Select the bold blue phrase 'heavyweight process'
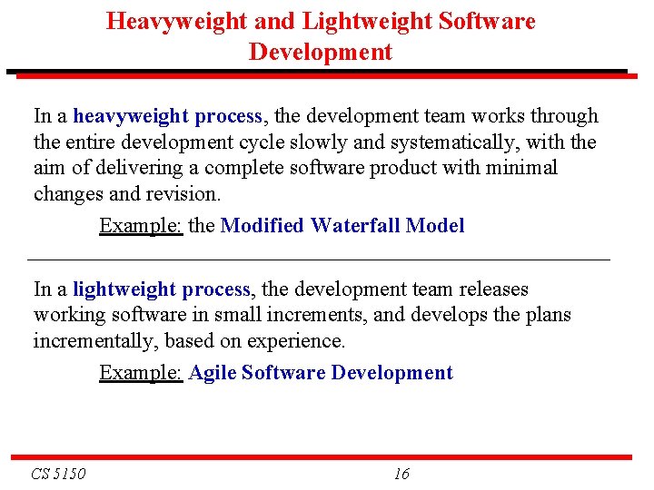tap(168, 116)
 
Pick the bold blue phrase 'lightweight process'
tap(162, 289)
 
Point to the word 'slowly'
tap(320, 142)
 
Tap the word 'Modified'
tap(263, 226)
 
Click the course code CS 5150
tap(58, 473)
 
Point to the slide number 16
tap(402, 473)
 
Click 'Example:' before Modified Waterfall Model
tap(141, 226)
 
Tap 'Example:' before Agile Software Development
tap(141, 373)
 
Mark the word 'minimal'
tap(524, 168)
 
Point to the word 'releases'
tap(492, 289)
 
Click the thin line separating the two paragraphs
tap(320, 260)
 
